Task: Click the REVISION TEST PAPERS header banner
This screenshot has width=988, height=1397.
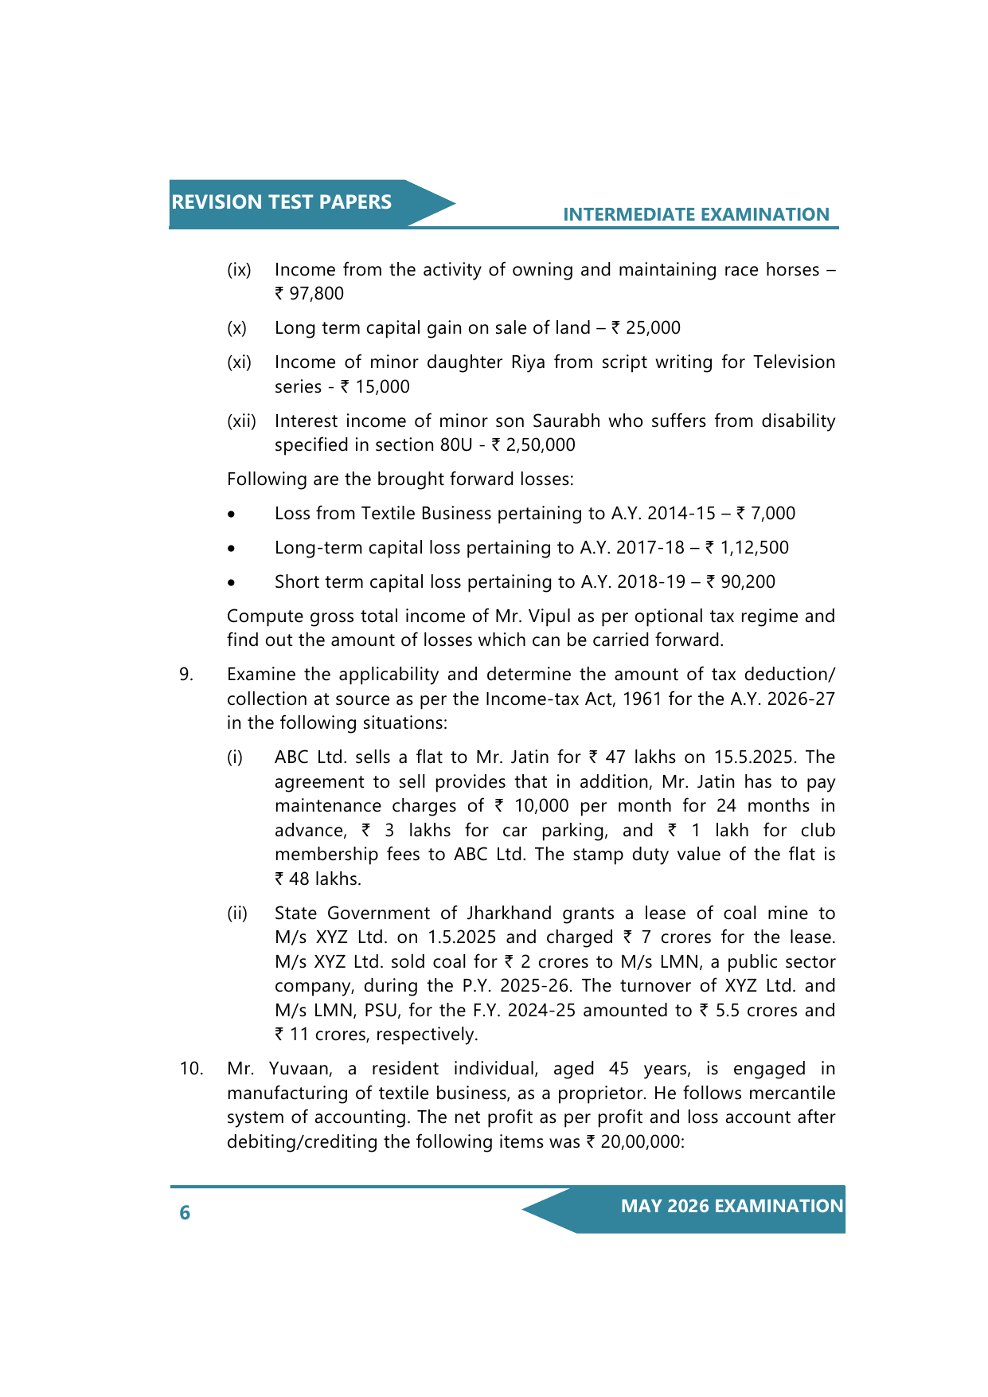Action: (282, 202)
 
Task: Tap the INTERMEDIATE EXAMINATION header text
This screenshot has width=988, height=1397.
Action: (696, 214)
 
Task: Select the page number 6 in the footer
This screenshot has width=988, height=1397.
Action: (185, 1212)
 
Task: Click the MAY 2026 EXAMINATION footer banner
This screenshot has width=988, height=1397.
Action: (731, 1206)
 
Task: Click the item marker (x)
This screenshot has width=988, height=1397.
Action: (236, 328)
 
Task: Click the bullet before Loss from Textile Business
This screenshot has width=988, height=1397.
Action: (231, 515)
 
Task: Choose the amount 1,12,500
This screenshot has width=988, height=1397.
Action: (754, 548)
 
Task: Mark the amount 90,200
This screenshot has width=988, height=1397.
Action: (748, 582)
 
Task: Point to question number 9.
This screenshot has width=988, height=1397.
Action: (185, 675)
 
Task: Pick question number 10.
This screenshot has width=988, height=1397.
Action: (191, 1069)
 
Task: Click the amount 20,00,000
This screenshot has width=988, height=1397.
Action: (641, 1142)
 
